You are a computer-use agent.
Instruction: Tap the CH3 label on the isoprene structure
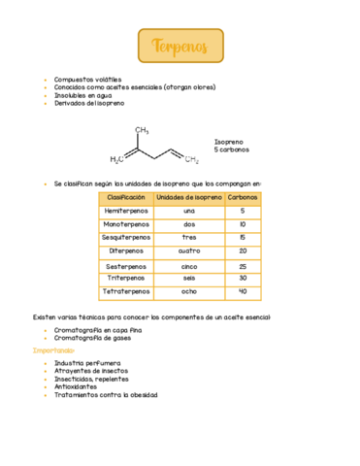(141, 129)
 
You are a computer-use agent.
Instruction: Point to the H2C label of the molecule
(116, 160)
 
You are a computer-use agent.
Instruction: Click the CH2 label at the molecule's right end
(192, 160)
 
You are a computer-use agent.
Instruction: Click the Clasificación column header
(125, 198)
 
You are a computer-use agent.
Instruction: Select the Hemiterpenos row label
(125, 211)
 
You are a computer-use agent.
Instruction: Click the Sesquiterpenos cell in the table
(125, 237)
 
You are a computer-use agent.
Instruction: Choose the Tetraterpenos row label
(125, 291)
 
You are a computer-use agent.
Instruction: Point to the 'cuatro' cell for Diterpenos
(189, 250)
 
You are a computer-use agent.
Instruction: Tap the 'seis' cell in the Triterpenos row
(189, 278)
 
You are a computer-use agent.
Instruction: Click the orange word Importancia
(53, 350)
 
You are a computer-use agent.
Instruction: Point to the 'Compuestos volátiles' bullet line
(88, 80)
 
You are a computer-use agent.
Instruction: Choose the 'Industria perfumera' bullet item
(90, 362)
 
